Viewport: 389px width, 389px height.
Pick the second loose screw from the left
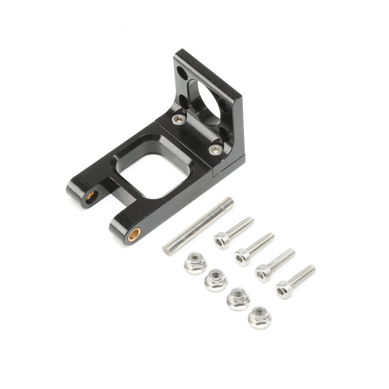point(254,248)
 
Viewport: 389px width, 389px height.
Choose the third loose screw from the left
point(275,264)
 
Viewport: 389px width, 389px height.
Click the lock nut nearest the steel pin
point(195,263)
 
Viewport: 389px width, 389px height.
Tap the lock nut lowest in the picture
point(260,317)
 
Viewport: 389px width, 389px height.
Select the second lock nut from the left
point(216,279)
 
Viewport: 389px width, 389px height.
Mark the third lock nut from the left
point(238,298)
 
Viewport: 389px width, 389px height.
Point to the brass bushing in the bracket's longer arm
point(134,234)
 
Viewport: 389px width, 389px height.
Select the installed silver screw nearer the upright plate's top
point(178,119)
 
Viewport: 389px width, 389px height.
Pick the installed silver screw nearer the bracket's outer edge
point(215,149)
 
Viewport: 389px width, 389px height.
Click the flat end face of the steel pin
point(167,251)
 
